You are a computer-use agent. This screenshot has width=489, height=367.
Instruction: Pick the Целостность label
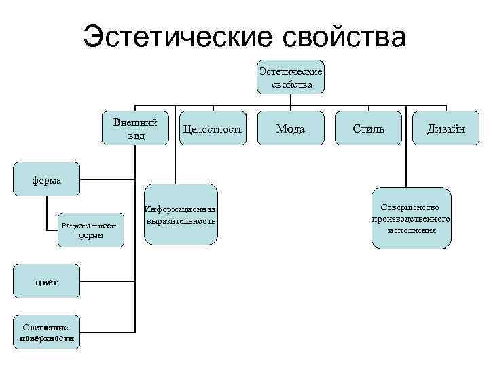pos(213,129)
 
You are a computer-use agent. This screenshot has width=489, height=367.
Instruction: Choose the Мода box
pos(291,128)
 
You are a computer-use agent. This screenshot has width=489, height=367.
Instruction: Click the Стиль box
pos(369,128)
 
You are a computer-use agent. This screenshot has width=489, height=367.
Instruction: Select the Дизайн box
pos(446,128)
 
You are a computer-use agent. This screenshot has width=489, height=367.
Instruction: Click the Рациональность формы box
pos(90,230)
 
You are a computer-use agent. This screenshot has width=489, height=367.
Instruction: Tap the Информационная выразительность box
pos(181,214)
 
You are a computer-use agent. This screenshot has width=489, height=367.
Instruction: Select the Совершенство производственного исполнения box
pos(412,218)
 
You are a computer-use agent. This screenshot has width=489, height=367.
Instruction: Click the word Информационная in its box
pos(181,209)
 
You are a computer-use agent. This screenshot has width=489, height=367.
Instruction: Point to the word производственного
pos(412,219)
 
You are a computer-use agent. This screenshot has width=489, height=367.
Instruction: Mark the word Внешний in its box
pos(135,122)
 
